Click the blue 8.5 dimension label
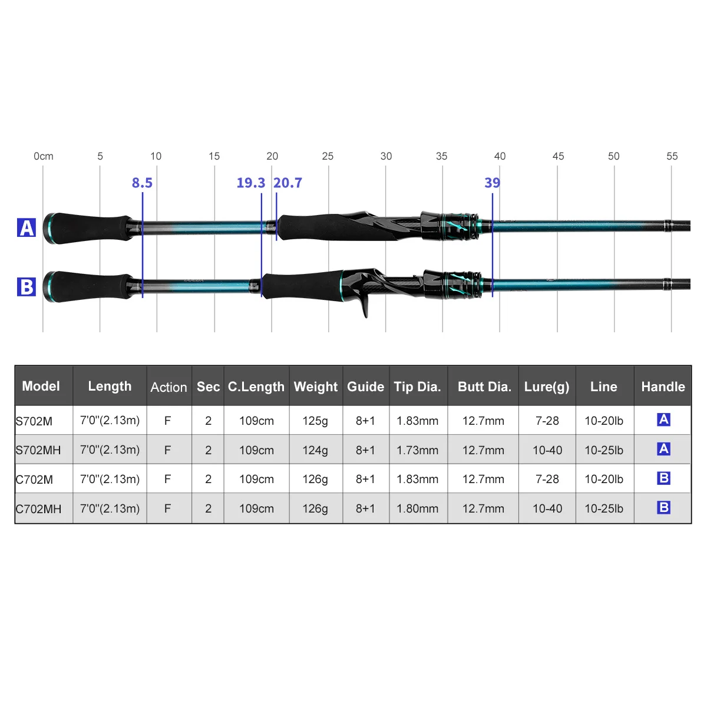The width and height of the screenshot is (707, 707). coord(142,183)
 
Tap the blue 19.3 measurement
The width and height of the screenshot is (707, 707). coord(251,183)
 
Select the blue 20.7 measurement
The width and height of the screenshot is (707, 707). coord(288,183)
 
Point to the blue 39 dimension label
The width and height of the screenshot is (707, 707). coord(492,183)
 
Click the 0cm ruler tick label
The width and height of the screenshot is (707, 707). coord(44,156)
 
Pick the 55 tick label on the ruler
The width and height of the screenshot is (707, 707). coord(672,156)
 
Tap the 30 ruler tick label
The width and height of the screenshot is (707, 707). coord(386,156)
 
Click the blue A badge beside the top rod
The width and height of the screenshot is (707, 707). coord(27,228)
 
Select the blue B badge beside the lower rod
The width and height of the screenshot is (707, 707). coord(27,287)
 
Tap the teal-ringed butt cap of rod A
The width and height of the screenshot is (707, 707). coord(48,228)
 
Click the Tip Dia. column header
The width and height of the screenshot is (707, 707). coord(418,386)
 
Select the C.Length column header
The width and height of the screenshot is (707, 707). coord(256,386)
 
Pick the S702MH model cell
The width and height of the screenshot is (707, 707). coord(39,450)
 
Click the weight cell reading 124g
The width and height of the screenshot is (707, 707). coord(315,450)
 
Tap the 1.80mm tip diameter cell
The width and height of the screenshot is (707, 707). coord(418,508)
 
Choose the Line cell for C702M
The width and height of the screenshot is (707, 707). coord(604,479)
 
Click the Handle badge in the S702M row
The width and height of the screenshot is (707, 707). coord(663,419)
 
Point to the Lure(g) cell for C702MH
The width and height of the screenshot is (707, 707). coord(547,508)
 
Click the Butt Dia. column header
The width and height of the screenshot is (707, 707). coord(484,386)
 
